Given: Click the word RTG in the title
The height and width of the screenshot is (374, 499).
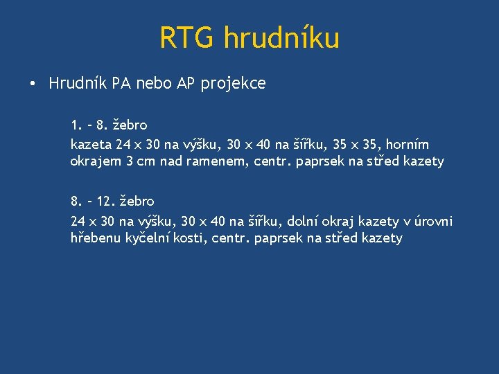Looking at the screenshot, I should click(188, 37).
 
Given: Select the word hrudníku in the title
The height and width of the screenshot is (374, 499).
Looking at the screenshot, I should click(281, 37).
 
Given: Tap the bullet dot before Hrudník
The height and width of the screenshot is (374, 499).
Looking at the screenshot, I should click(33, 85).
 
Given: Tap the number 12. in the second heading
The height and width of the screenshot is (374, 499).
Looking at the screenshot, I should click(105, 202).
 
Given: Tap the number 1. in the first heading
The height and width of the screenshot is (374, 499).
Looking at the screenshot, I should click(76, 125).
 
